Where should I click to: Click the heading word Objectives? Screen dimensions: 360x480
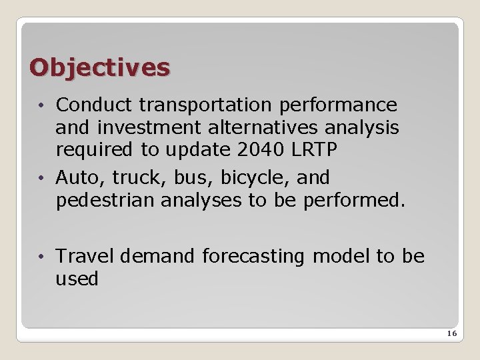coord(100,67)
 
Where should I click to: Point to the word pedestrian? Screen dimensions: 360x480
coord(105,201)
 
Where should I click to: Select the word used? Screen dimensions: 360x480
coord(77,279)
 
